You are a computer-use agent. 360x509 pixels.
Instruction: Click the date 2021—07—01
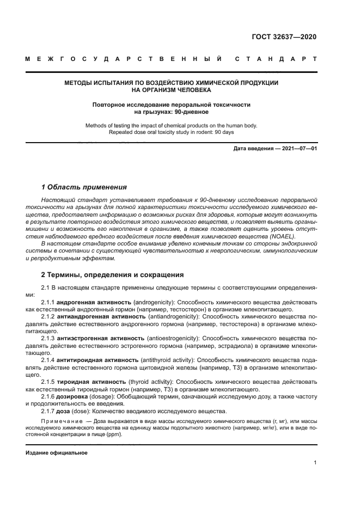click(x=297, y=148)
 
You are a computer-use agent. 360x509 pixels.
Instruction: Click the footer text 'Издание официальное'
click(x=56, y=453)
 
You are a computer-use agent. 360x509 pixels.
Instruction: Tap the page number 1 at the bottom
click(x=315, y=462)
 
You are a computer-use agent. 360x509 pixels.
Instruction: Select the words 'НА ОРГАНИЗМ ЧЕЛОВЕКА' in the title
click(x=171, y=90)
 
